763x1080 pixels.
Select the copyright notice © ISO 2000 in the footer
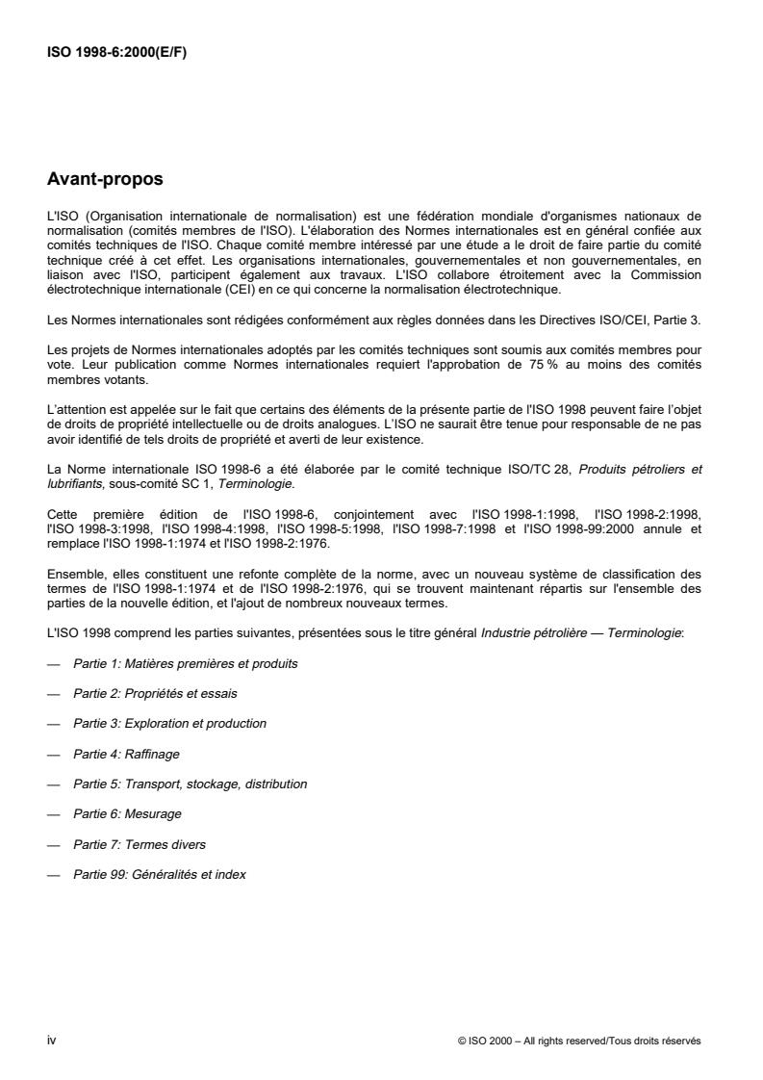tap(580, 1041)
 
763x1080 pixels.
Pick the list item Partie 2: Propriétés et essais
tap(155, 693)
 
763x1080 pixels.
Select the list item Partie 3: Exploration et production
tap(169, 723)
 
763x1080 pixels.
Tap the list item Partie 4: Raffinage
tap(126, 754)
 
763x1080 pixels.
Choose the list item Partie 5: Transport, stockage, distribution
tap(190, 784)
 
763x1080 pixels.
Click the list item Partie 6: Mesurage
tap(127, 813)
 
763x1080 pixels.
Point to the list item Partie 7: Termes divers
tap(140, 844)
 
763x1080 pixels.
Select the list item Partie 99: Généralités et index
tap(163, 874)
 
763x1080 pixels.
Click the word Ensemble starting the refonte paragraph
tap(75, 574)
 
